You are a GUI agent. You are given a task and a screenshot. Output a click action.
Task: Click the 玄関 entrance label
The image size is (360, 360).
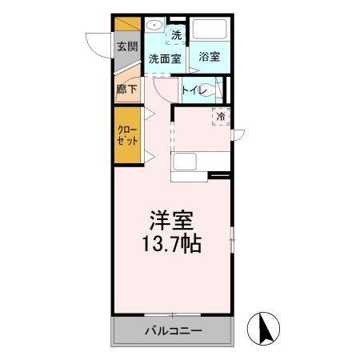pos(126,46)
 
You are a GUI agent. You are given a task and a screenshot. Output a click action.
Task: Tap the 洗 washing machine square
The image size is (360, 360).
pos(177,34)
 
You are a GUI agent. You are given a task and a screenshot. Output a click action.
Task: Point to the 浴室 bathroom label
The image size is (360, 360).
pos(210,57)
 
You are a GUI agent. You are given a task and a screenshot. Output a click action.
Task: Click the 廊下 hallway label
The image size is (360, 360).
pos(126,89)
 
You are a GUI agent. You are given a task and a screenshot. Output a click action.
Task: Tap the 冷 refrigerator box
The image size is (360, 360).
pos(221,116)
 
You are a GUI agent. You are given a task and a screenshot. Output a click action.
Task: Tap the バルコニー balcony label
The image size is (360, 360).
pos(173,330)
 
